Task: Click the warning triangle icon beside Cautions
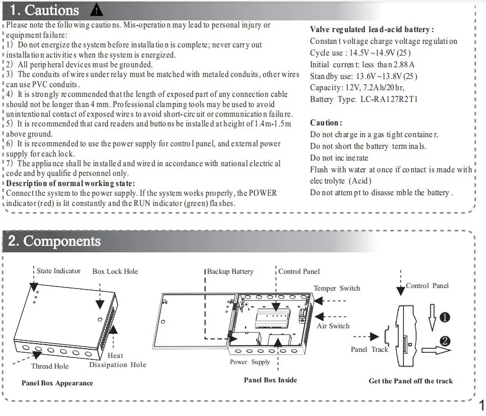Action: (96, 10)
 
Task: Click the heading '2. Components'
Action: (55, 241)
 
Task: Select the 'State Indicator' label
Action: (59, 271)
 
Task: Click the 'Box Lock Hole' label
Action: (115, 271)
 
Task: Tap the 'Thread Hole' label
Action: (49, 366)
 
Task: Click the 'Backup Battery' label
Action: (230, 271)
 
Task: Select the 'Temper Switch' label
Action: (337, 288)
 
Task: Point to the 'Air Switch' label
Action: (333, 326)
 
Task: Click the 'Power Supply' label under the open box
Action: (250, 362)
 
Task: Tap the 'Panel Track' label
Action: (369, 349)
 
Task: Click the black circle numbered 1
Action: (445, 318)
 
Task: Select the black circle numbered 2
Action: (445, 341)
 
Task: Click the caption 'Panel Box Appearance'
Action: (57, 383)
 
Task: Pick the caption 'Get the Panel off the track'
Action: (411, 381)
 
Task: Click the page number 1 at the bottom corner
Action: (481, 406)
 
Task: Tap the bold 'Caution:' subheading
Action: (326, 123)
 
